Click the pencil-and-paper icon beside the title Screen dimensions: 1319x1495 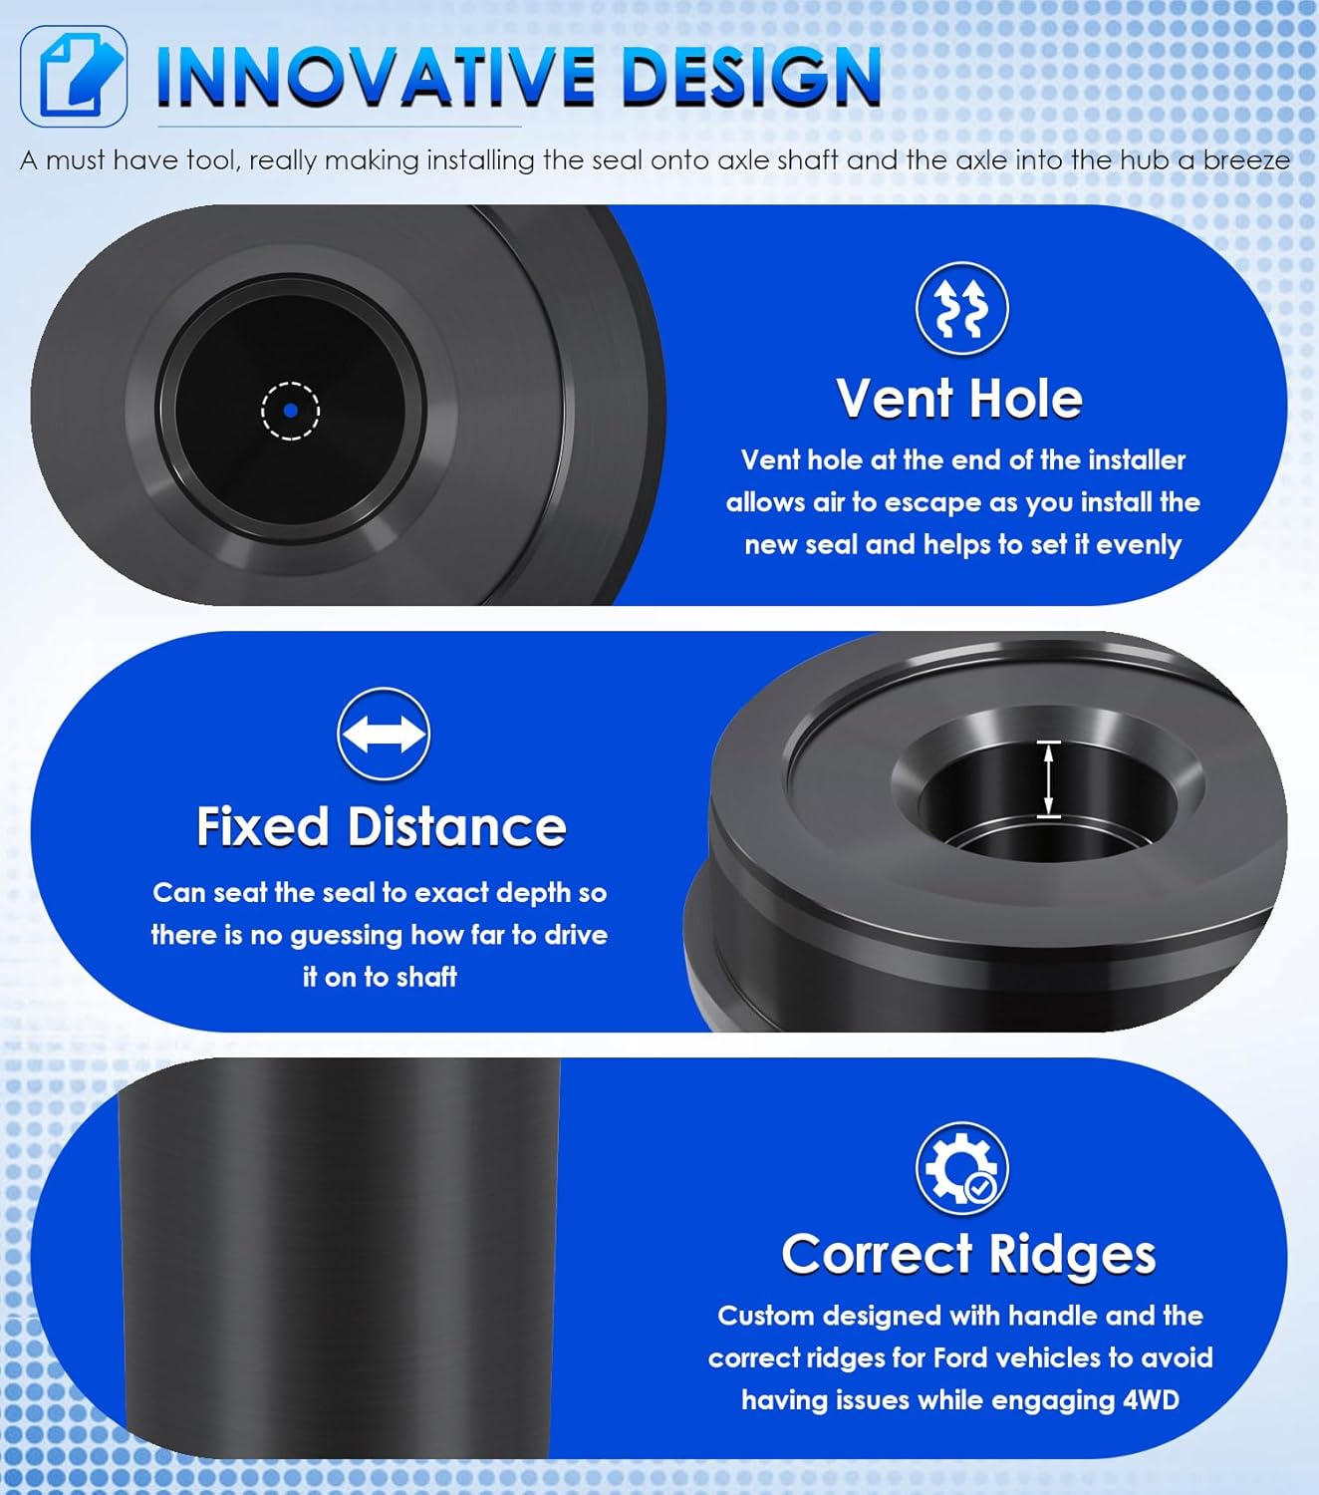click(x=74, y=77)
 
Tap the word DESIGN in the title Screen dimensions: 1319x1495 click(x=752, y=77)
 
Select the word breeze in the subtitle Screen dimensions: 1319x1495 click(x=1246, y=160)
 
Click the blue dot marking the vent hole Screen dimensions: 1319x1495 click(x=291, y=411)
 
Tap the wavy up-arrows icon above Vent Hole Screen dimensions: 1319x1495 click(x=961, y=308)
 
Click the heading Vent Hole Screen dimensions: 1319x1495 click(x=959, y=400)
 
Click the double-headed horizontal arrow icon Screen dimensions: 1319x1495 click(x=384, y=735)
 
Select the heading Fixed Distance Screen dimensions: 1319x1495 click(x=382, y=826)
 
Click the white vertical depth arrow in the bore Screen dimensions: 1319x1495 click(x=1048, y=779)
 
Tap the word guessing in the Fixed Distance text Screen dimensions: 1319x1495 click(x=346, y=937)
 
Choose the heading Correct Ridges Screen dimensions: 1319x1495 click(x=968, y=1255)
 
